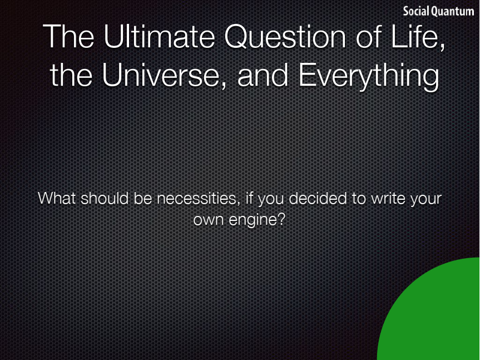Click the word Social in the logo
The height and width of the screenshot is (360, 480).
(x=416, y=11)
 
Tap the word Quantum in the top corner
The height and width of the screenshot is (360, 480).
(x=453, y=12)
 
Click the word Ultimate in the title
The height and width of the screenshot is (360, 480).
(x=160, y=36)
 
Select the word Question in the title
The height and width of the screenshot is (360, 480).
(x=285, y=37)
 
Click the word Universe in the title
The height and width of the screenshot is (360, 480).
(x=160, y=75)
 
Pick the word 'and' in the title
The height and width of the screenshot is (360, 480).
(x=263, y=75)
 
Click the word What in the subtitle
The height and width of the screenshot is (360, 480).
(x=57, y=198)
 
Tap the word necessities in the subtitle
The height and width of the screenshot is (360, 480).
(x=196, y=198)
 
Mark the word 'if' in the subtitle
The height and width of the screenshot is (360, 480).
(x=248, y=198)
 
